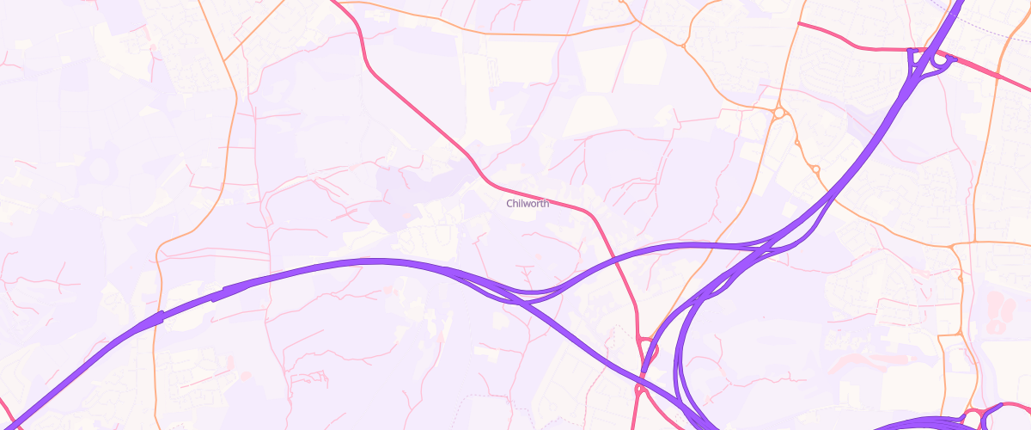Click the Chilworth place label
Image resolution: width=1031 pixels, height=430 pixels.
coord(528,204)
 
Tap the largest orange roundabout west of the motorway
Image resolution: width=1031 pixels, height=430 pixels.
coord(778,113)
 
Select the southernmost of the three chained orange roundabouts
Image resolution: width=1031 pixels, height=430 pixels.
coord(815,169)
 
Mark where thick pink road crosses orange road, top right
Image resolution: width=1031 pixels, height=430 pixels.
coord(1000,77)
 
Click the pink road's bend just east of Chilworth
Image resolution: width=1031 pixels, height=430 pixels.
coord(591,211)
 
